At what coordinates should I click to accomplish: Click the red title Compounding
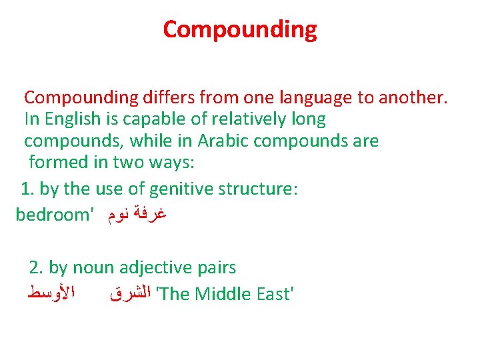coord(240,29)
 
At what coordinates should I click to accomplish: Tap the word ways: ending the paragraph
coord(159,163)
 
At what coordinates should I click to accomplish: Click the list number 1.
coord(27,189)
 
